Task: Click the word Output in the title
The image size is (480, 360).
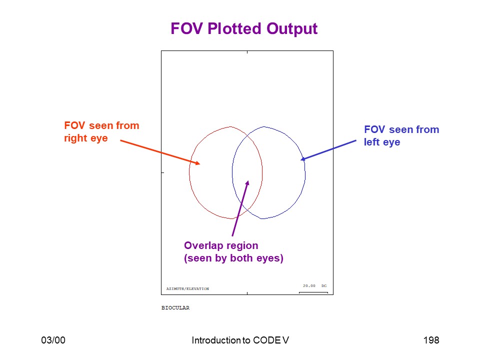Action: tap(292, 29)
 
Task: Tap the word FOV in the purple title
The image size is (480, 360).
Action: tap(186, 28)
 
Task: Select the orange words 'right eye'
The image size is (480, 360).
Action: tap(85, 138)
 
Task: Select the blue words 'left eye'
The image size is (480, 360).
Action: tap(381, 142)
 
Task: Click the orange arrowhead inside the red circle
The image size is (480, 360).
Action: tap(198, 163)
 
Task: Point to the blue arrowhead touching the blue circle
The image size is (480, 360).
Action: tap(303, 158)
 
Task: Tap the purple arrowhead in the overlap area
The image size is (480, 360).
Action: tap(247, 183)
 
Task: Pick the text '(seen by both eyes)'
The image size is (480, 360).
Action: tap(233, 258)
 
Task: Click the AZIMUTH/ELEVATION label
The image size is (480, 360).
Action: tap(187, 288)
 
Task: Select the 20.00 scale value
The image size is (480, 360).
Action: tap(309, 285)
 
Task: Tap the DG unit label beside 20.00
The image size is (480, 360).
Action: tap(324, 285)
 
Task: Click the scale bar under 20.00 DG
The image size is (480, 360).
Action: tap(313, 292)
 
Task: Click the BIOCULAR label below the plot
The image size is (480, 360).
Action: tap(175, 307)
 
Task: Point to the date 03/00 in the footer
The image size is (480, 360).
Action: tap(53, 340)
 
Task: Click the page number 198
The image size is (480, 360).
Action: tap(431, 340)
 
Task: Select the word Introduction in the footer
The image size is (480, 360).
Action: tap(216, 340)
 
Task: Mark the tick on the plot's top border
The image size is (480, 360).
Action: tap(247, 52)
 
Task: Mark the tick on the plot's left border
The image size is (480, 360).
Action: tap(163, 172)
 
